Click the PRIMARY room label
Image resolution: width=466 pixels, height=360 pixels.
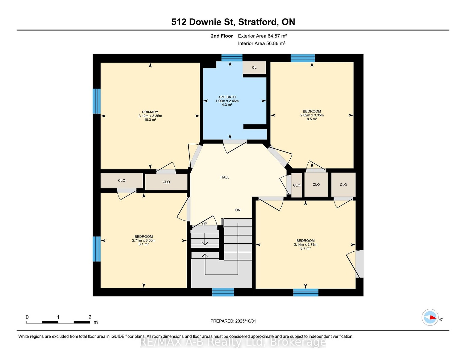(x=150, y=112)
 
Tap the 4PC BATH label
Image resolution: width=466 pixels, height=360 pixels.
(x=227, y=97)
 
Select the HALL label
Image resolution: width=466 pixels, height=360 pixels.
(x=225, y=177)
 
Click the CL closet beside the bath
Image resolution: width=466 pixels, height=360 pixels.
(x=254, y=67)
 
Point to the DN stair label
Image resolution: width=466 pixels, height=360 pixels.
(x=238, y=210)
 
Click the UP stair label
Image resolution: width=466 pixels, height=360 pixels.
(x=204, y=224)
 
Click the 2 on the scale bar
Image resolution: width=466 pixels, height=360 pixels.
(x=90, y=317)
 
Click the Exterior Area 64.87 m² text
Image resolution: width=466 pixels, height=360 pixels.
(x=262, y=36)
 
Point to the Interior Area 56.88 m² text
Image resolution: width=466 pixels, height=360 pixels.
(x=262, y=43)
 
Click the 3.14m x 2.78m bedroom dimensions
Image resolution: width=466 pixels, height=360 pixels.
(x=305, y=244)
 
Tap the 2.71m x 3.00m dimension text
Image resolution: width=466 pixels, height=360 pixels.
(x=144, y=241)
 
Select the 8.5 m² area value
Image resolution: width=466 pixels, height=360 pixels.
(x=312, y=119)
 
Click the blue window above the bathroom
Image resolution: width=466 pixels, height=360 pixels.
(x=232, y=58)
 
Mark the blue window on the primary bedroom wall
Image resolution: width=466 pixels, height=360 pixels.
(x=96, y=101)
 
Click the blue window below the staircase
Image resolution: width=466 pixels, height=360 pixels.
(x=223, y=292)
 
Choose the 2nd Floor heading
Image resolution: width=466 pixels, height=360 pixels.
(x=222, y=36)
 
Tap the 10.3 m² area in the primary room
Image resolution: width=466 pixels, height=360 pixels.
(x=150, y=120)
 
